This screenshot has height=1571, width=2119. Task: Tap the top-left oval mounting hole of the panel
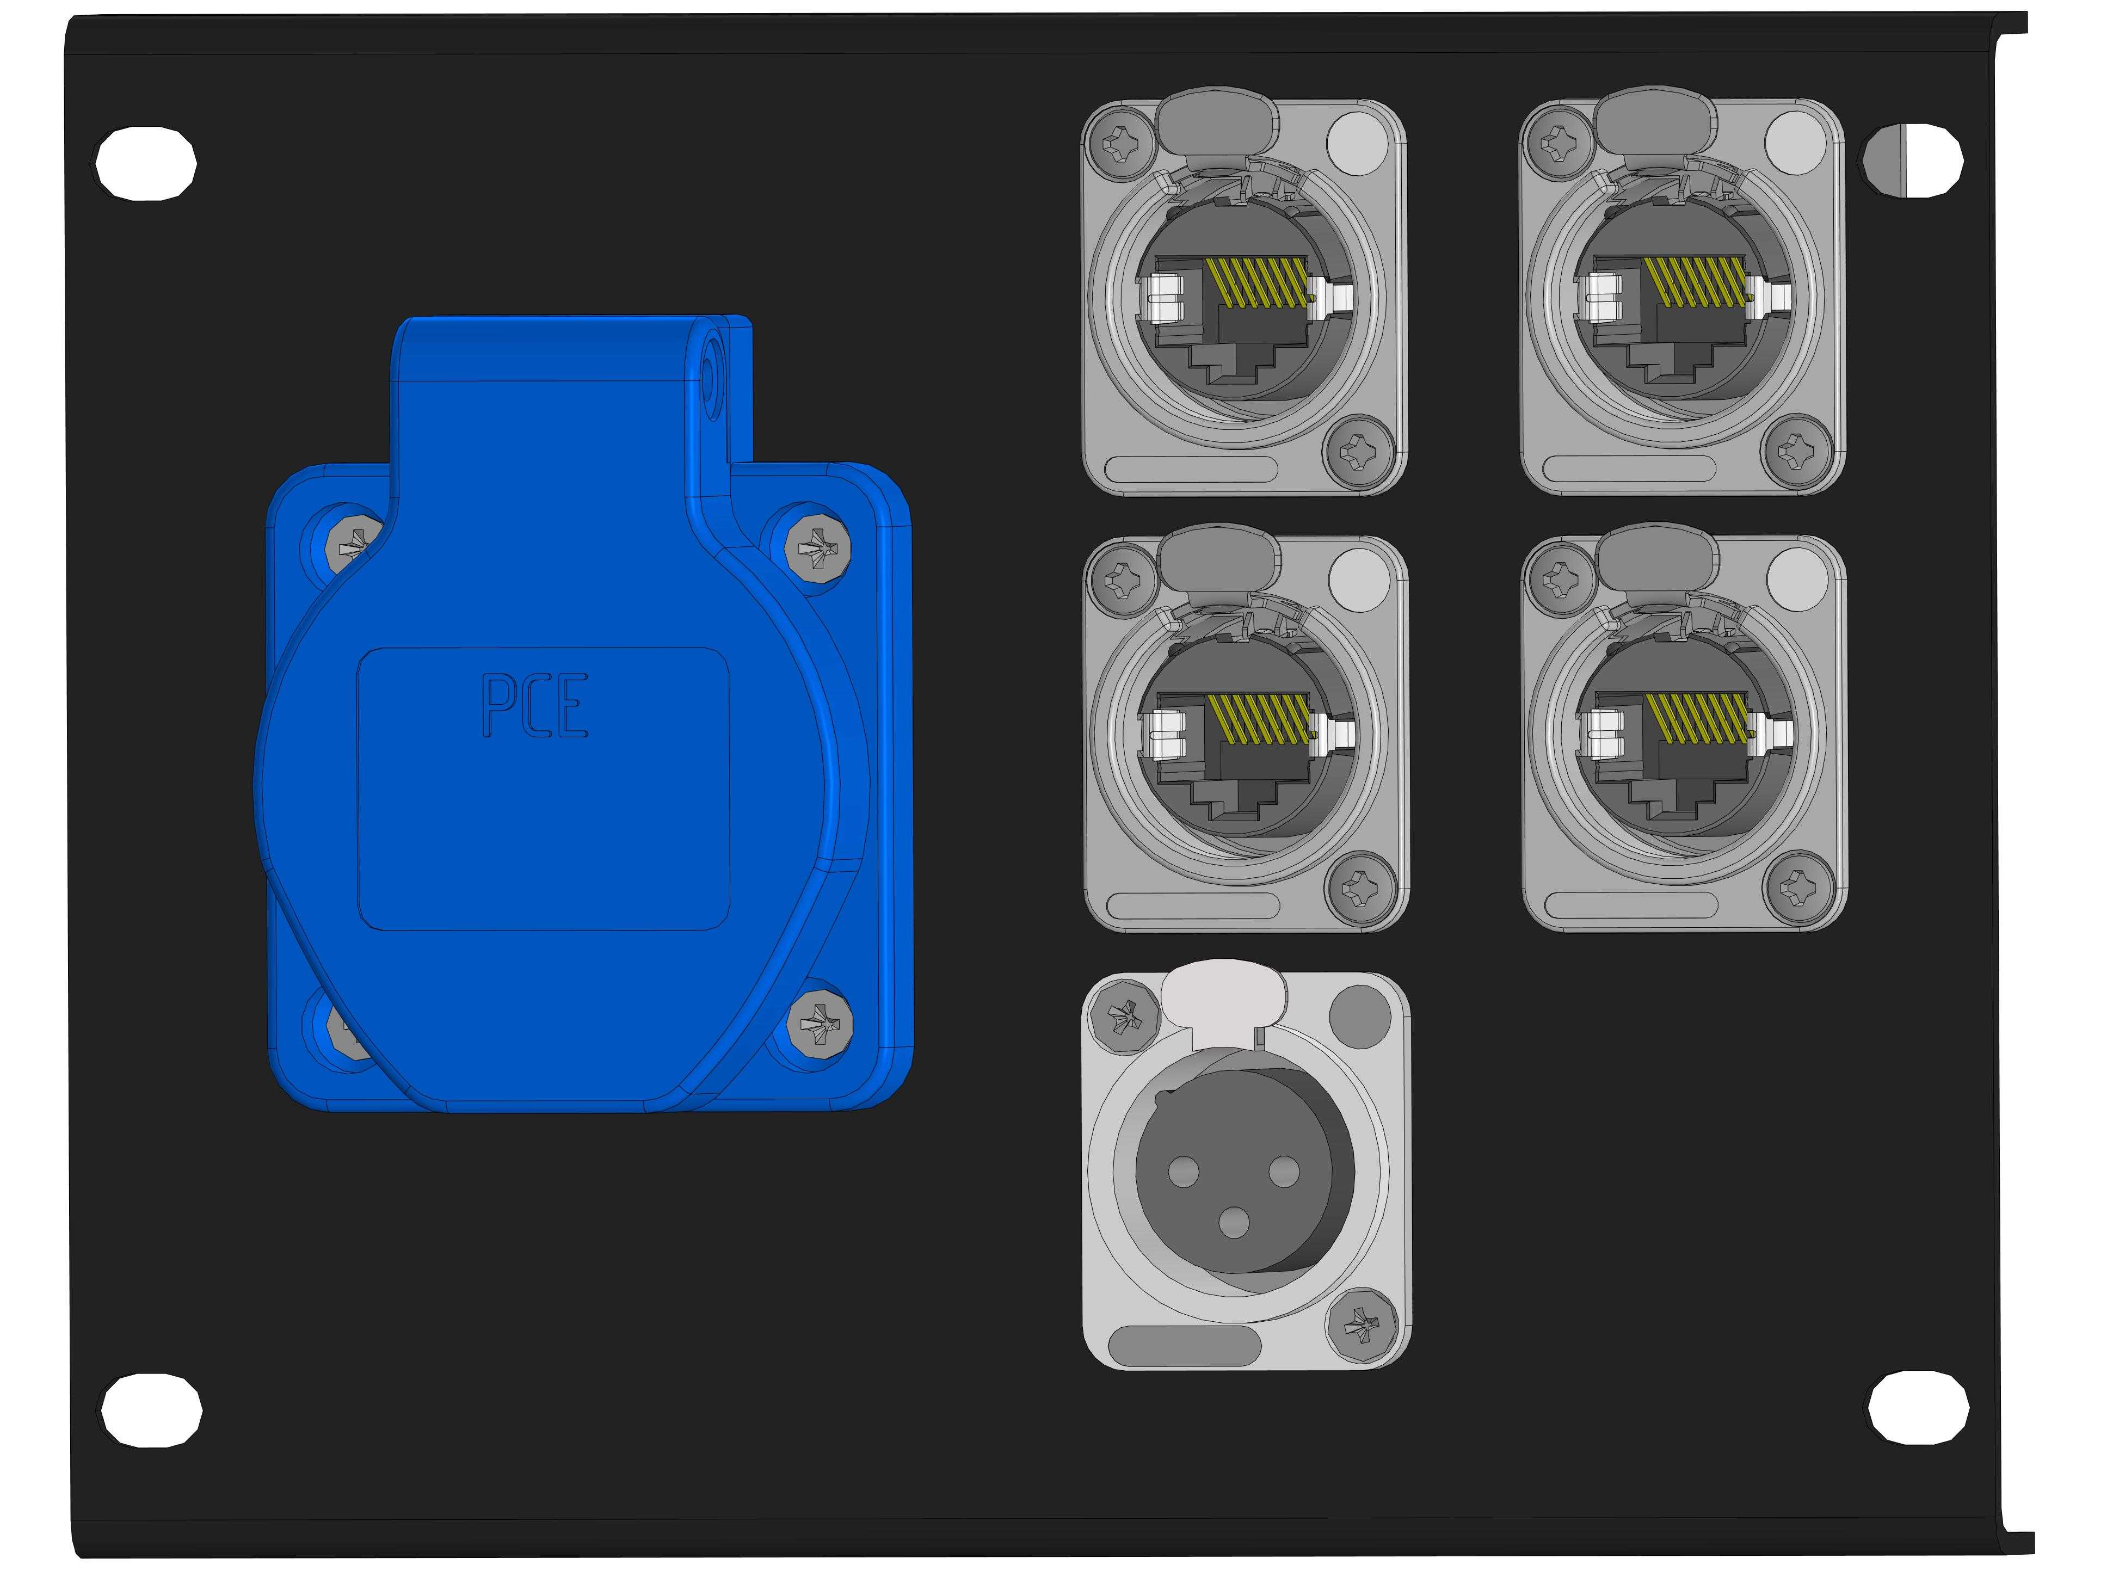coord(146,161)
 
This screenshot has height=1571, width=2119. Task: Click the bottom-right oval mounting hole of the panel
coord(1917,1407)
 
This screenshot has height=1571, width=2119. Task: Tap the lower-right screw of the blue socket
coord(820,1022)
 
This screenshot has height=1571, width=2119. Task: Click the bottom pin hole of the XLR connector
coord(1234,1222)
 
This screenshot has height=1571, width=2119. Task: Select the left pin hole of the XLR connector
coord(1184,1170)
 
